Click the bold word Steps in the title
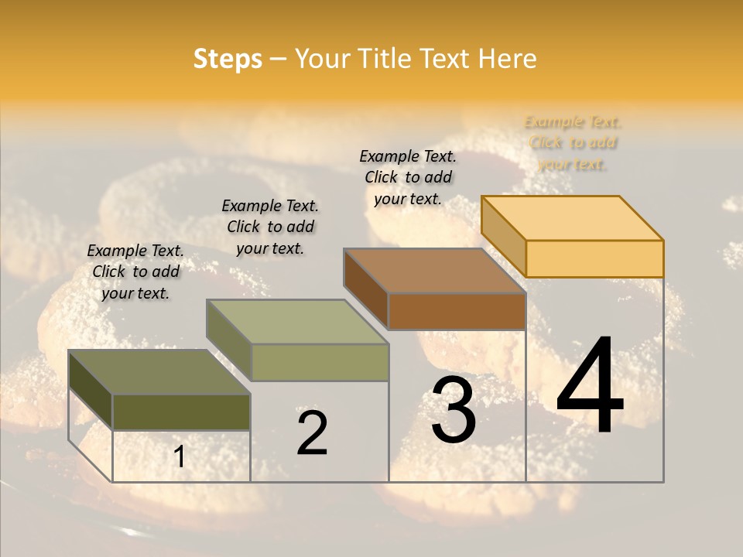tap(228, 59)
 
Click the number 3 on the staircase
tap(454, 411)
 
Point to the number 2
tap(313, 433)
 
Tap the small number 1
tap(180, 457)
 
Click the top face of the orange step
tap(573, 218)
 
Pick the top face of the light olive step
tap(297, 322)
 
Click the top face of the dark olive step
tap(159, 372)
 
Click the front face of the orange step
tap(594, 258)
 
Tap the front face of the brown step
tap(457, 311)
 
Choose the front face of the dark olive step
tap(181, 412)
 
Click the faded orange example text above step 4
tap(573, 143)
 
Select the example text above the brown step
tap(408, 177)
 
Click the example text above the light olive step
tap(270, 227)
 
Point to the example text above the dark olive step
tap(135, 272)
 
